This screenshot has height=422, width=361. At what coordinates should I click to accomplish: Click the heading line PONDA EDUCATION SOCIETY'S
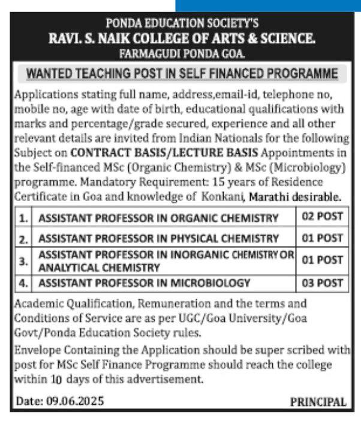182,24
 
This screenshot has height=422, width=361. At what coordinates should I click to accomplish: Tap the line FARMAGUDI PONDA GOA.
182,53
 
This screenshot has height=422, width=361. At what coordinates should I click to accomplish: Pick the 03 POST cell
322,283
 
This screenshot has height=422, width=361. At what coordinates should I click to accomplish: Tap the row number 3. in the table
23,261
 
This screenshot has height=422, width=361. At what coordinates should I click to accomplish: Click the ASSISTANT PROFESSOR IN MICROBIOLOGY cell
144,283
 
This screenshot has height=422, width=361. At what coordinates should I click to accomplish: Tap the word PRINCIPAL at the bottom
318,402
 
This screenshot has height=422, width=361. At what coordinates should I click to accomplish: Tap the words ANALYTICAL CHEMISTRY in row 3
95,267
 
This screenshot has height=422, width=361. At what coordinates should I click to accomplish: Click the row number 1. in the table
23,218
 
